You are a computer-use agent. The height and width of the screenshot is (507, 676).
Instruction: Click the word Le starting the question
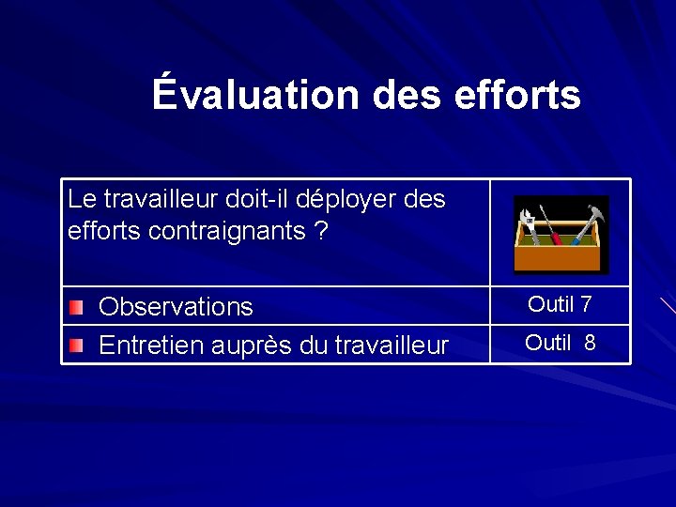82,199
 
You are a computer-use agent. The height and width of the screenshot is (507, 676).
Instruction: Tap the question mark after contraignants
322,231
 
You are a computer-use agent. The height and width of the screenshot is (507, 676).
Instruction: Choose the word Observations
176,307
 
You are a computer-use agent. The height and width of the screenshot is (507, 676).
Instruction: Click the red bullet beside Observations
76,307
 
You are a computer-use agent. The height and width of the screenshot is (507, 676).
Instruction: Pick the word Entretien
146,346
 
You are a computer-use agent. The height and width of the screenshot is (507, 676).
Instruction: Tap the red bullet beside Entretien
76,346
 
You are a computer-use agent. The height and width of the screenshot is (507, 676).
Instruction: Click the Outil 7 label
560,304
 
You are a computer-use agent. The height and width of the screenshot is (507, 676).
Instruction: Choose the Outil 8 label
561,343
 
